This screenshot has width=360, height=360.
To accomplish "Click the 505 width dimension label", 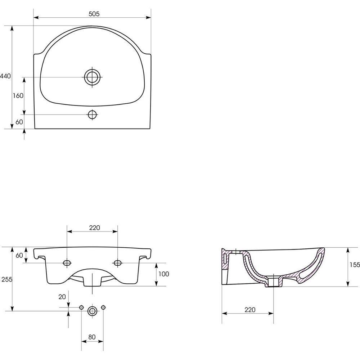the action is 94,14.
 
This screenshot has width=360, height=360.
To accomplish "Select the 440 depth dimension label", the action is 5,76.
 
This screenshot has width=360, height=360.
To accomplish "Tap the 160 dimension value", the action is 18,95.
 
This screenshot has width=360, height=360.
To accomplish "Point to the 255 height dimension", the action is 7,279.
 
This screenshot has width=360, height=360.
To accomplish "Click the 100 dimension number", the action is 164,274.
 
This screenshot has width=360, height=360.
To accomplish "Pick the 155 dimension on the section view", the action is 355,265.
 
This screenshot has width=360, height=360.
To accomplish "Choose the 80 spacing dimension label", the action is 92,337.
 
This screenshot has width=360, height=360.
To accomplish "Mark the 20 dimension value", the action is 62,297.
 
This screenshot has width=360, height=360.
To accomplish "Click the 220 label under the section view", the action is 250,310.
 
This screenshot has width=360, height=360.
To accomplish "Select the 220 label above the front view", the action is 95,228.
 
